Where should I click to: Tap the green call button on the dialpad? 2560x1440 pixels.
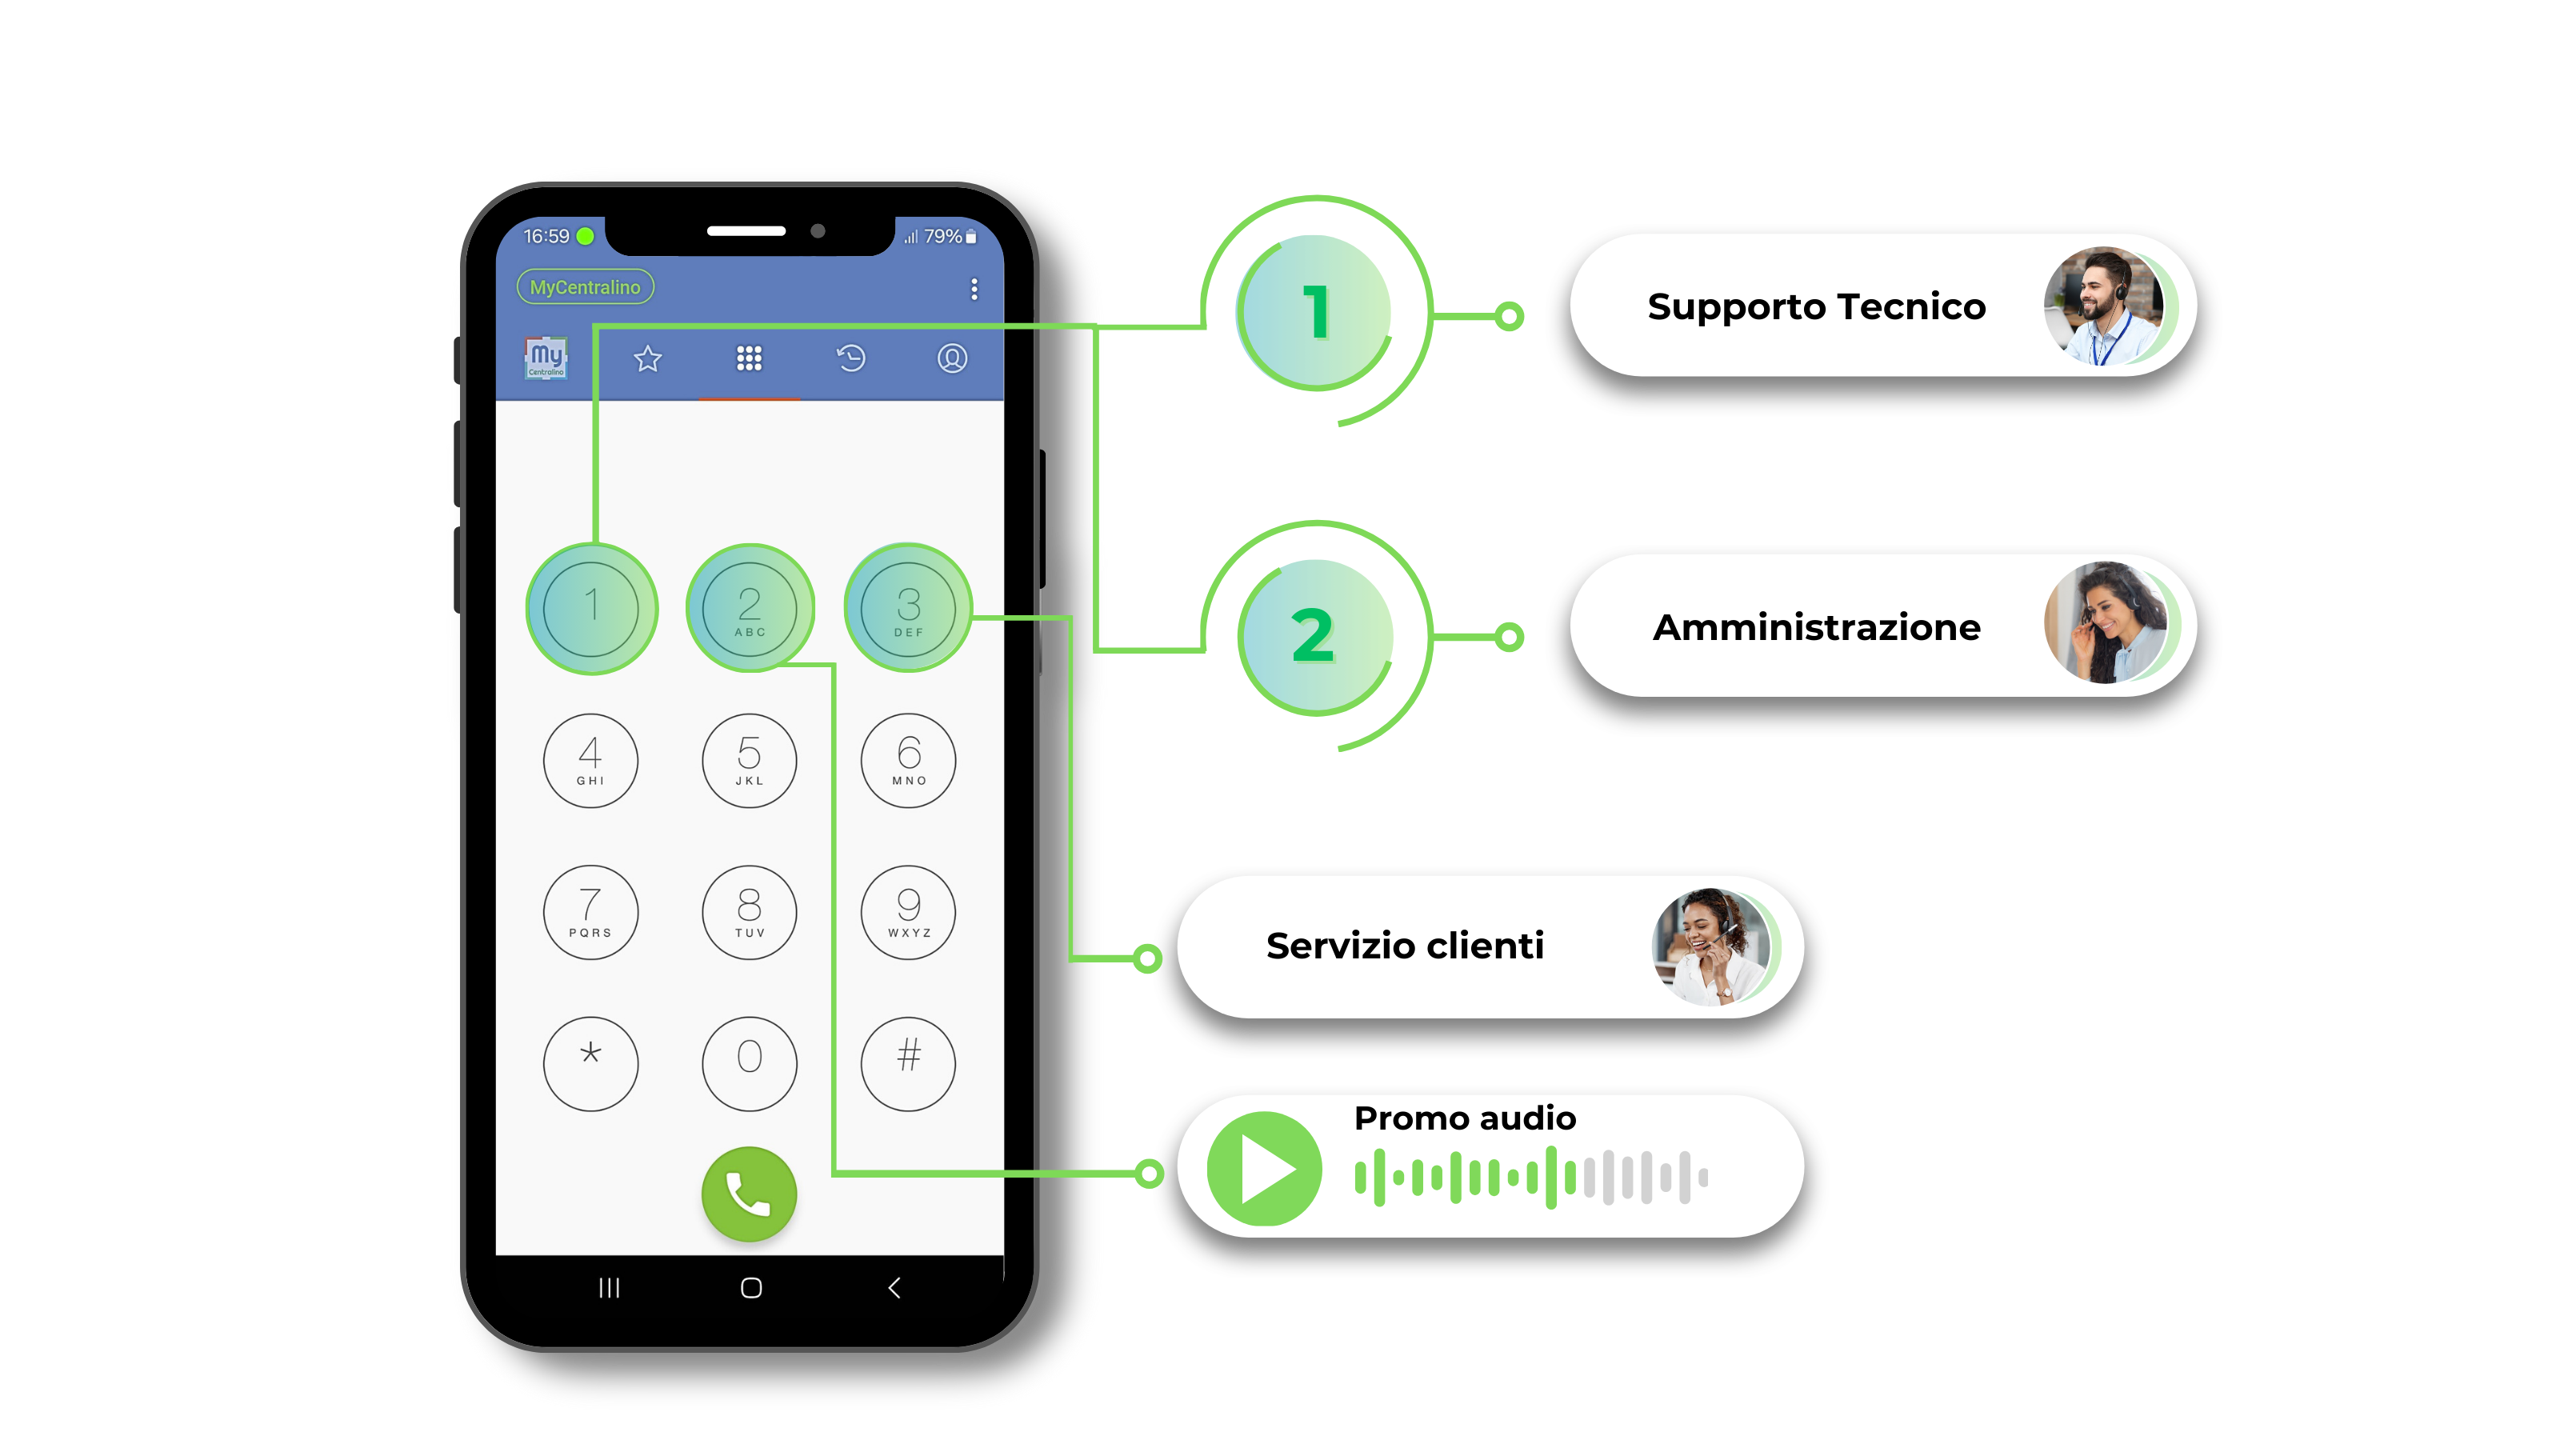coord(750,1194)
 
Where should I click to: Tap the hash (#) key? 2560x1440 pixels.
coord(908,1062)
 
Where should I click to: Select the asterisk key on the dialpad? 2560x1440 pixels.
coord(590,1062)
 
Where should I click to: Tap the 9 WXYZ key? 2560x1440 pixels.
coord(908,911)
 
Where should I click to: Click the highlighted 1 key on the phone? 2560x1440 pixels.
coord(591,608)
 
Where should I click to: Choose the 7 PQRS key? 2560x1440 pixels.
coord(590,911)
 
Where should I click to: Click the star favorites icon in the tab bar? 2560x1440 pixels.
coord(648,358)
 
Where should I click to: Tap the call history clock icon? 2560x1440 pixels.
coord(850,358)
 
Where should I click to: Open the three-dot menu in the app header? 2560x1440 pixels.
coord(974,288)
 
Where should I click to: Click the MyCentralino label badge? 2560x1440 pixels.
coord(586,287)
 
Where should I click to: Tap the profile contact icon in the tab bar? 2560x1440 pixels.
coord(952,358)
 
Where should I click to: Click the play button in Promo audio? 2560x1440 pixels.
coord(1264,1169)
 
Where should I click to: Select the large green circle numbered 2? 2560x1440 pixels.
coord(1316,636)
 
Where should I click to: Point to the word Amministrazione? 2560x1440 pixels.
coord(1817,627)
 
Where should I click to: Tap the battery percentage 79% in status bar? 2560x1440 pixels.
coord(942,237)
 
